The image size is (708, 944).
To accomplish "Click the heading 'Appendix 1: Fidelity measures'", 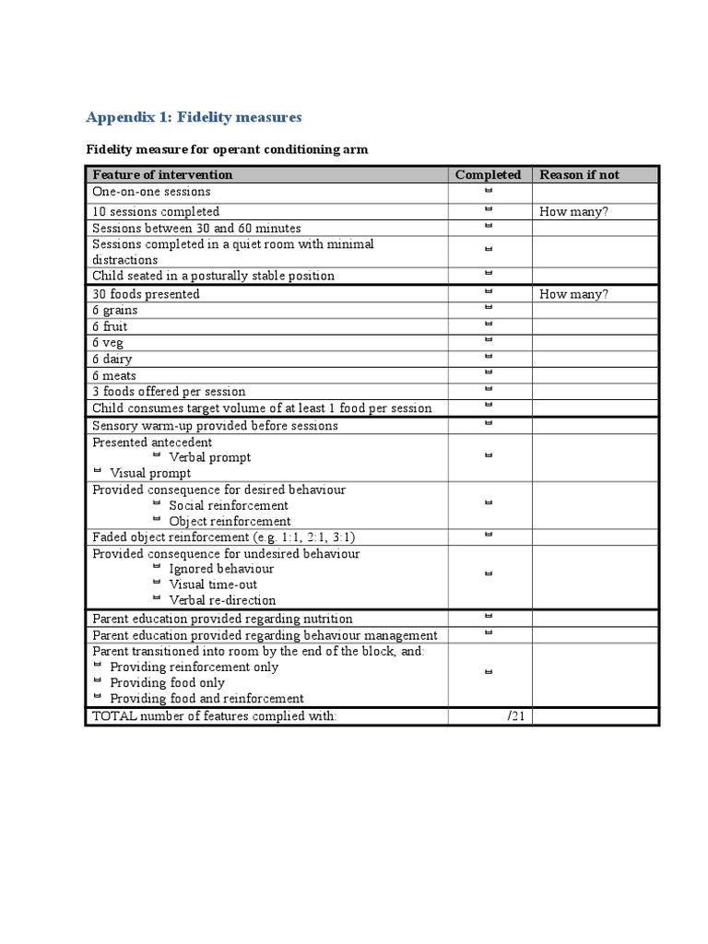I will pyautogui.click(x=194, y=117).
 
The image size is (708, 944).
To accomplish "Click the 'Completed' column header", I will pyautogui.click(x=488, y=174).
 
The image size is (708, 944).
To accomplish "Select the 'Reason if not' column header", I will pyautogui.click(x=579, y=174).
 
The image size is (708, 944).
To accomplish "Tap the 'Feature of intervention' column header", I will pyautogui.click(x=162, y=174).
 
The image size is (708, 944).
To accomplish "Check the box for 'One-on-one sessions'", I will pyautogui.click(x=489, y=191).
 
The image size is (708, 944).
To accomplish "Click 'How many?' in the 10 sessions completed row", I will pyautogui.click(x=573, y=211).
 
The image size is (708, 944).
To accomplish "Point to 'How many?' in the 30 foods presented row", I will pyautogui.click(x=573, y=294).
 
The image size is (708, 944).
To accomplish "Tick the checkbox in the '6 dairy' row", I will pyautogui.click(x=489, y=356).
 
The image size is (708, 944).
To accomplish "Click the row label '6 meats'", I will pyautogui.click(x=114, y=375).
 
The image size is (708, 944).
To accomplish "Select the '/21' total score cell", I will pyautogui.click(x=514, y=716).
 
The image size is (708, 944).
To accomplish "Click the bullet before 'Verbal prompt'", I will pyautogui.click(x=157, y=455).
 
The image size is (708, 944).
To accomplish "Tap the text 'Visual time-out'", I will pyautogui.click(x=213, y=584).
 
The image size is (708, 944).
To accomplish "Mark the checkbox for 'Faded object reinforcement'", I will pyautogui.click(x=489, y=535).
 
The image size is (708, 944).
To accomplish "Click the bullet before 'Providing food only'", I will pyautogui.click(x=98, y=681).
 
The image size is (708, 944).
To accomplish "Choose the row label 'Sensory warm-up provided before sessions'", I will pyautogui.click(x=215, y=425).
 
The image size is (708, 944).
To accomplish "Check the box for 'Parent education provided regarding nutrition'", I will pyautogui.click(x=489, y=616).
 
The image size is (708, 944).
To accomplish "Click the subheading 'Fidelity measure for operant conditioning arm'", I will pyautogui.click(x=227, y=148).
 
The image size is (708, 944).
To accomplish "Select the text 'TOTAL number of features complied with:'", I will pyautogui.click(x=208, y=716).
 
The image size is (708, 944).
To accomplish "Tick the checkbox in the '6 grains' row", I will pyautogui.click(x=489, y=308).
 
